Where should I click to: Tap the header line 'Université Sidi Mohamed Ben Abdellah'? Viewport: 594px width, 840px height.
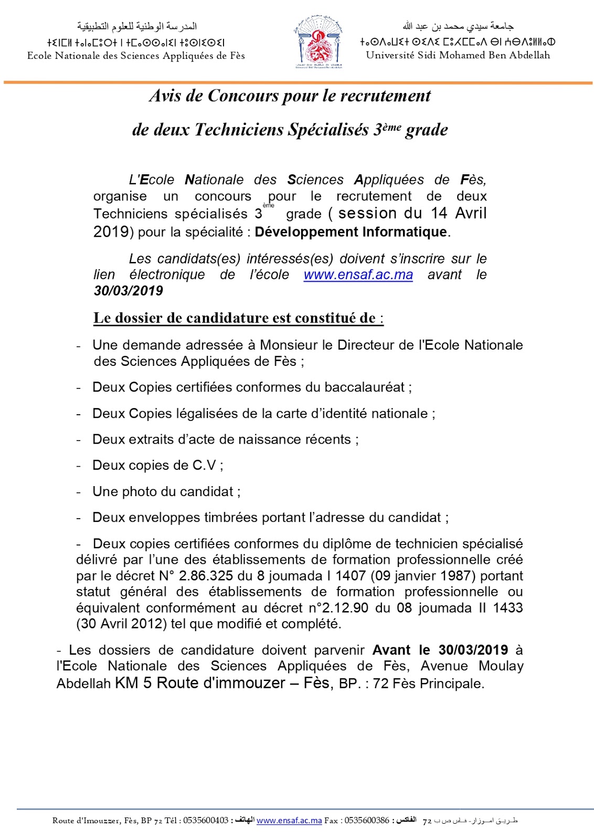click(x=458, y=55)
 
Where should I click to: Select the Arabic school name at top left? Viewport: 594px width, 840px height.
click(x=137, y=26)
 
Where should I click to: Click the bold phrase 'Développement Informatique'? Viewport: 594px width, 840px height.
click(x=351, y=232)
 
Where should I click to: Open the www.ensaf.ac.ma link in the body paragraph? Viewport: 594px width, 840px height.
click(x=358, y=275)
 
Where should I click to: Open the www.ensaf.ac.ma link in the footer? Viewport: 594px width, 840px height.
click(x=289, y=821)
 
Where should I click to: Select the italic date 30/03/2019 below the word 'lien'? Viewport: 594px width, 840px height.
click(x=129, y=291)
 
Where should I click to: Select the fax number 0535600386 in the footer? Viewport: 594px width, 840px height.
click(x=367, y=821)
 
